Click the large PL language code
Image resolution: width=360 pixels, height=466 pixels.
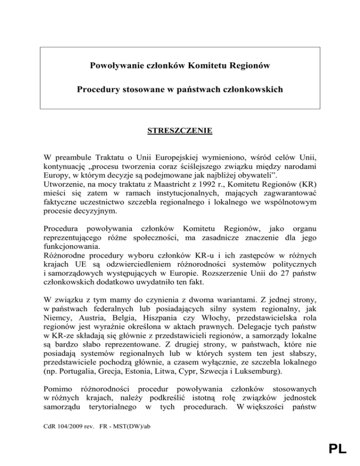pyautogui.click(x=334, y=450)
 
